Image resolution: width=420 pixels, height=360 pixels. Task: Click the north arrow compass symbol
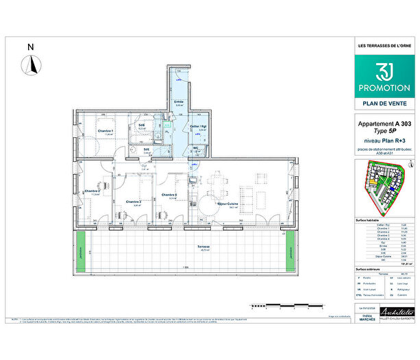pos(29,64)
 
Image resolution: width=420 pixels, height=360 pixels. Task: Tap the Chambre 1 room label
pos(104,131)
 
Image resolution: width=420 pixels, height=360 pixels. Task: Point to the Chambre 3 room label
pos(133,202)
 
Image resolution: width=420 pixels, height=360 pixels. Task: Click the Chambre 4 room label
pos(169,195)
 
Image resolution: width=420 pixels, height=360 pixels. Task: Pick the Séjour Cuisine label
pos(227,204)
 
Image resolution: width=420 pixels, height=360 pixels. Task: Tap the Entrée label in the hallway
pos(179,101)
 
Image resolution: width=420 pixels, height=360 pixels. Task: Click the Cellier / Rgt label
pos(199,127)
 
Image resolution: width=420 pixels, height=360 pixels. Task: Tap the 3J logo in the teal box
pos(382,71)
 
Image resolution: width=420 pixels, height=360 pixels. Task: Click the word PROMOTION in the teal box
pos(382,88)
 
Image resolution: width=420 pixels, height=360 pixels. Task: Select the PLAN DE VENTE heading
pos(383,104)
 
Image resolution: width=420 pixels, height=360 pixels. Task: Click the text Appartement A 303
pos(382,124)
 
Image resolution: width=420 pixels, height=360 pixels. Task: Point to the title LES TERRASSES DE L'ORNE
pos(382,46)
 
